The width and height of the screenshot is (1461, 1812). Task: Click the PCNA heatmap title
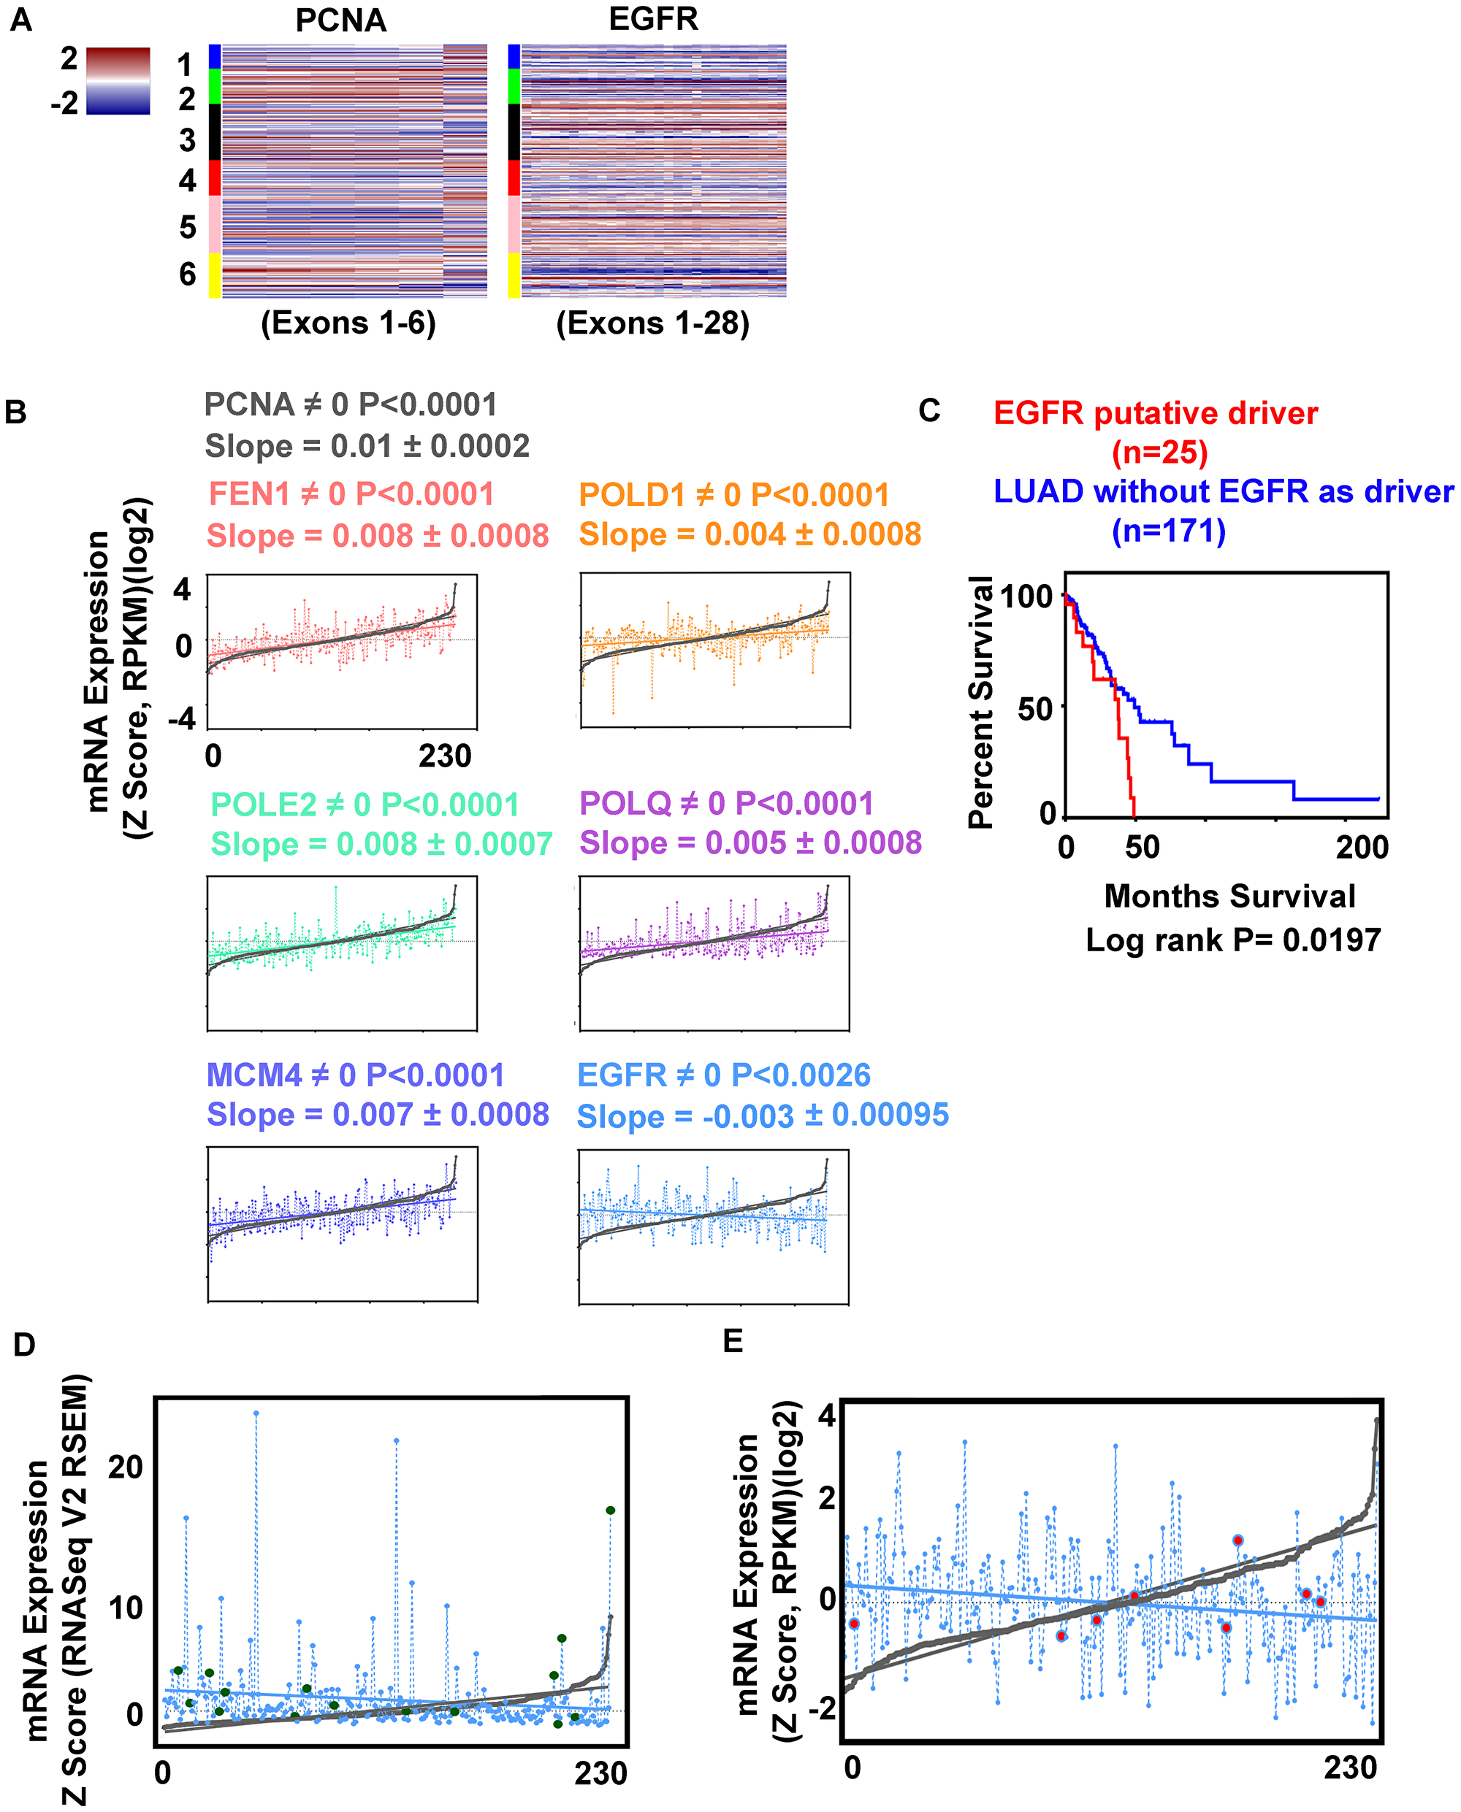(341, 20)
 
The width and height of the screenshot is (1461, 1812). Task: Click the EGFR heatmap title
(653, 18)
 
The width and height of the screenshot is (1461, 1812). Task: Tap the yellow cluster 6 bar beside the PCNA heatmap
(215, 275)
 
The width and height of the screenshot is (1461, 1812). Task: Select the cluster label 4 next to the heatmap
(187, 180)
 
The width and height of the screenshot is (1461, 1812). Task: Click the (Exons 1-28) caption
(652, 323)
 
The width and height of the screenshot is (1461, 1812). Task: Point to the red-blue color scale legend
(118, 81)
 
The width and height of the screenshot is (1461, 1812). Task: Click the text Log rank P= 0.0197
(1233, 940)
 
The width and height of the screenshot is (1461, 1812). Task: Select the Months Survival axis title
(1229, 896)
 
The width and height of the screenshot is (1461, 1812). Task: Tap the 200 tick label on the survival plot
(1362, 847)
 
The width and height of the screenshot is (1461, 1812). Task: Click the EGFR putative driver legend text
(1156, 413)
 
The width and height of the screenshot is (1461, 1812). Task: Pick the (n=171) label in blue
(1168, 531)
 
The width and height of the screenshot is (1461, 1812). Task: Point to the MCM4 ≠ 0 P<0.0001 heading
(355, 1075)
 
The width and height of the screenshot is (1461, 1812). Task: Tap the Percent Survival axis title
(980, 702)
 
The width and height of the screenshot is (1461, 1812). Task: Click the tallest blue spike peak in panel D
(256, 1413)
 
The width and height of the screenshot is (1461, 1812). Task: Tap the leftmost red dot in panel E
(854, 1624)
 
